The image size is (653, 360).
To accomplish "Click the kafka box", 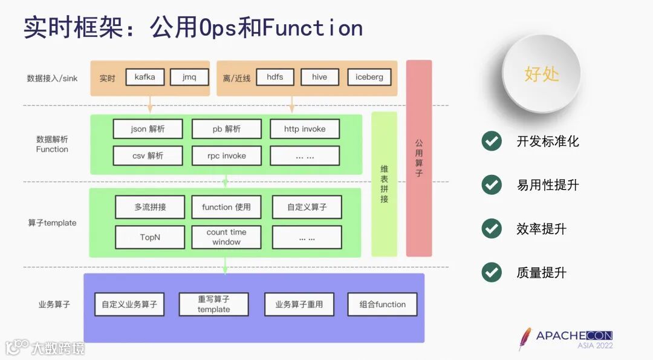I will click(x=145, y=77).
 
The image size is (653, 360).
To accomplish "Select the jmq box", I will click(x=189, y=77).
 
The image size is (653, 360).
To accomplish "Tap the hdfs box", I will click(x=275, y=77).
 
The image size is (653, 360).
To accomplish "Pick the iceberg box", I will click(x=369, y=77).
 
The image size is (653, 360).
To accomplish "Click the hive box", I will click(x=319, y=77).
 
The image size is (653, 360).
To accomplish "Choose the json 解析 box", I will click(x=148, y=129).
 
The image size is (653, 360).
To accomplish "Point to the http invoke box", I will click(x=305, y=129).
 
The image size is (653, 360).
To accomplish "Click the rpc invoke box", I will click(x=227, y=155).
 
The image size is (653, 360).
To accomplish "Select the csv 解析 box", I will click(x=148, y=155).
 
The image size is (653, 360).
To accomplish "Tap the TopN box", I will click(x=150, y=237).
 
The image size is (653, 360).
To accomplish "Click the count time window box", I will click(x=226, y=237).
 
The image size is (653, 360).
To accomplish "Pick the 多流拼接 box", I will click(x=150, y=207).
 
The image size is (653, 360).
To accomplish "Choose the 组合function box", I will click(x=382, y=304).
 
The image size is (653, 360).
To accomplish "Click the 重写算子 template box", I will click(x=213, y=304).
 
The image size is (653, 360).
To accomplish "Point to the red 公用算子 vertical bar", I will click(x=419, y=158).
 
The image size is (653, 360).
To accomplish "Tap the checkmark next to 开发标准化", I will click(x=492, y=141).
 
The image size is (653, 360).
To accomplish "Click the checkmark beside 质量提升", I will click(x=492, y=272).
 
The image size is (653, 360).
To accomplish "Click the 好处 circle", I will click(x=541, y=74).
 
